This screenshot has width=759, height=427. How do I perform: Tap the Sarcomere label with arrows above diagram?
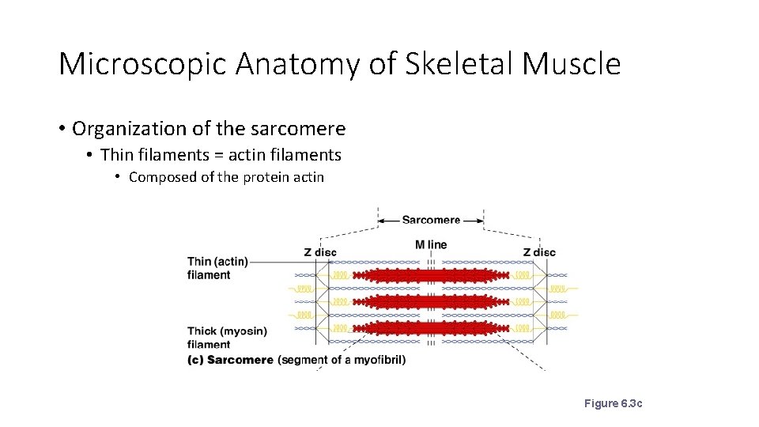pyautogui.click(x=431, y=220)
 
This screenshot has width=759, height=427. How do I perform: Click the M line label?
pyautogui.click(x=431, y=244)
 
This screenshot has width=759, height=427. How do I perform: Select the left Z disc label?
pyautogui.click(x=320, y=252)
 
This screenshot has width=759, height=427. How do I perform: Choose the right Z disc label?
pyautogui.click(x=539, y=252)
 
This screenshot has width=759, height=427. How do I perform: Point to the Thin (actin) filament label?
pyautogui.click(x=217, y=268)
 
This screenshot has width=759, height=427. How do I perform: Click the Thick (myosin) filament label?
pyautogui.click(x=227, y=338)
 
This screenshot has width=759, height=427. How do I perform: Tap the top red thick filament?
pyautogui.click(x=431, y=275)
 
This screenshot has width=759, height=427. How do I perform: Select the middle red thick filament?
pyautogui.click(x=431, y=301)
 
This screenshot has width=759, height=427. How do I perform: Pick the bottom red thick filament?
pyautogui.click(x=431, y=327)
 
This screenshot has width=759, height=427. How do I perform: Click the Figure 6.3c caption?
pyautogui.click(x=613, y=404)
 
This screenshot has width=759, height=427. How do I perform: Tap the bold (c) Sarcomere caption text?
pyautogui.click(x=230, y=360)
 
